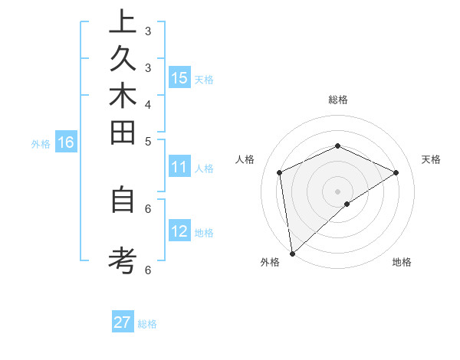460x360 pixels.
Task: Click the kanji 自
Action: (123, 200)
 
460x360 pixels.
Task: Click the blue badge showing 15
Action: (179, 78)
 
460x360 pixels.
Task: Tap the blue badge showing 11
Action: (179, 168)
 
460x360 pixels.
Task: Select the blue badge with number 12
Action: (179, 231)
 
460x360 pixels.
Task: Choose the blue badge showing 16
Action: (66, 142)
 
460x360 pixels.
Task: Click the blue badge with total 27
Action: (123, 322)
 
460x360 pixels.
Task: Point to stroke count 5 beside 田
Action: (147, 141)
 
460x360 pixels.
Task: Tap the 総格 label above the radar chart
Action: (337, 100)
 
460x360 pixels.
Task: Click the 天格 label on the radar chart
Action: (431, 159)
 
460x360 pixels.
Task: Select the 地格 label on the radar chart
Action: (402, 262)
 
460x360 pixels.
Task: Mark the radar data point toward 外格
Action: (292, 253)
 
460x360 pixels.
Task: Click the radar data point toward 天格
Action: (396, 172)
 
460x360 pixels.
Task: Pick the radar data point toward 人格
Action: (280, 172)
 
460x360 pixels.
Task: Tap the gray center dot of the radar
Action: (337, 191)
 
